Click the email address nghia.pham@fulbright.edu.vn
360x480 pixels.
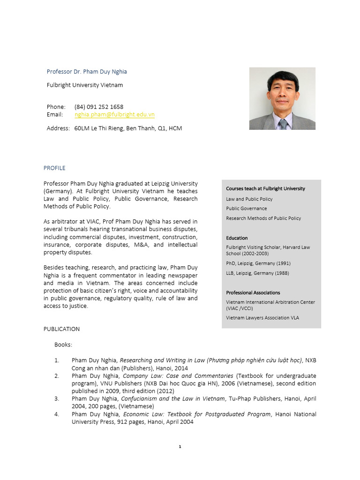click(x=114, y=114)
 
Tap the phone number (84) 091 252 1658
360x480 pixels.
click(x=99, y=107)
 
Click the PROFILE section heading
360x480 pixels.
click(x=54, y=168)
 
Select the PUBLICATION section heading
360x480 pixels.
click(x=61, y=329)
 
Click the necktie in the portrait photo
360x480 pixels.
click(x=283, y=124)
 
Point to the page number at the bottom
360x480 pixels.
click(x=180, y=447)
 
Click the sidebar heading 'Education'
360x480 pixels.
click(x=237, y=238)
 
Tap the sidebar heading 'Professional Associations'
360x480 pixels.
click(x=253, y=292)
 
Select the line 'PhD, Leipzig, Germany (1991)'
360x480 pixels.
click(x=258, y=263)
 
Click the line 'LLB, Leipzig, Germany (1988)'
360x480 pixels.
click(x=257, y=273)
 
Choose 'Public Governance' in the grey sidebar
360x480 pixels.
click(x=247, y=209)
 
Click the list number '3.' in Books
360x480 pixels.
click(x=56, y=399)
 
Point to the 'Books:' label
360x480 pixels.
click(x=63, y=345)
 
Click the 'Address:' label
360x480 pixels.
click(x=58, y=128)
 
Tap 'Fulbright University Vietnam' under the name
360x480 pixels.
click(x=85, y=85)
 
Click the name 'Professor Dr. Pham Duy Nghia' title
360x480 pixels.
click(x=87, y=72)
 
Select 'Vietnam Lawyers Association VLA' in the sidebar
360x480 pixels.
click(x=262, y=318)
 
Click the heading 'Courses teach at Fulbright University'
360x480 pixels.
click(x=265, y=188)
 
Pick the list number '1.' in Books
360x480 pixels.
click(x=56, y=360)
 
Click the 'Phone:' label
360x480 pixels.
click(x=56, y=107)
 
